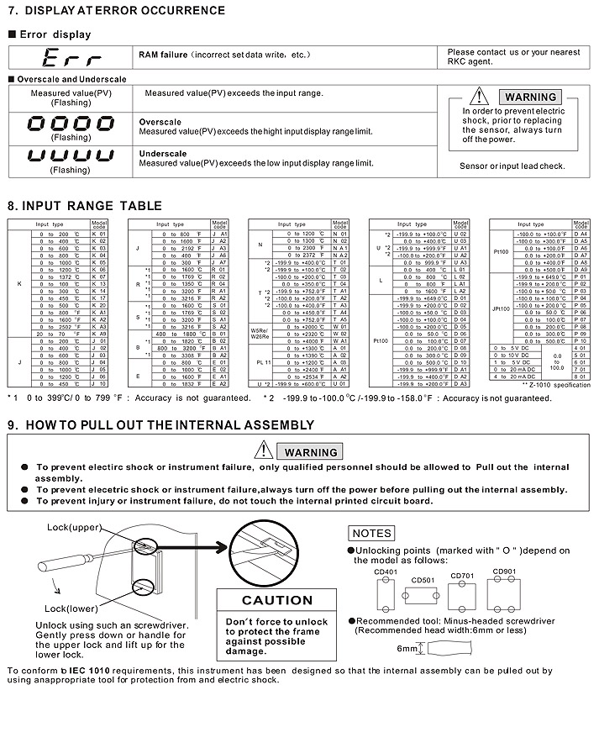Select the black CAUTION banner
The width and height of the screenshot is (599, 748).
coord(276,600)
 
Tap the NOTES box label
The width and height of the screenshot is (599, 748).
coord(371,533)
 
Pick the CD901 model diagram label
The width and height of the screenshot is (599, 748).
coord(505,572)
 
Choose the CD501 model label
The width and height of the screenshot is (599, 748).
coord(423,580)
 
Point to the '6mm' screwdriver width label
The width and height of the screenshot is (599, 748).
coord(407,649)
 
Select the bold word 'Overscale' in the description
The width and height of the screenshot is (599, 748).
coord(160,122)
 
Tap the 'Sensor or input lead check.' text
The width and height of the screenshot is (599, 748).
coord(512,166)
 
